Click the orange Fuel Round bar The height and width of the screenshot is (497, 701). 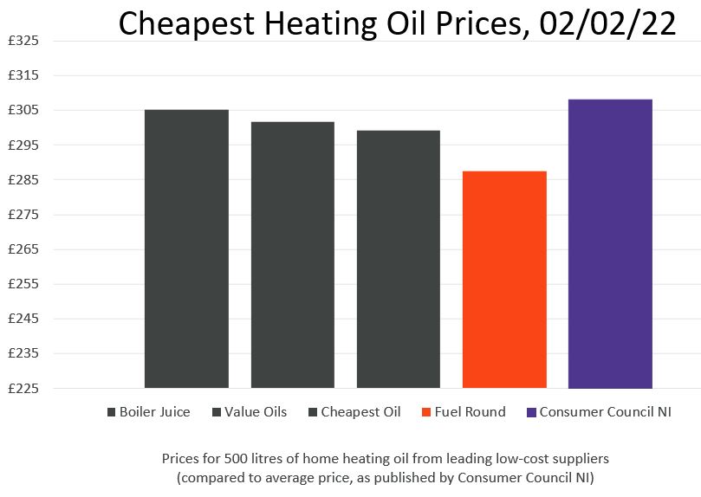[x=504, y=279]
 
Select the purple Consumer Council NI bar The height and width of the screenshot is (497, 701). [x=610, y=243]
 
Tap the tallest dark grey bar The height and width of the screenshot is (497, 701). [x=186, y=248]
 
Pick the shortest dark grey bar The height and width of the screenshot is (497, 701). [x=398, y=259]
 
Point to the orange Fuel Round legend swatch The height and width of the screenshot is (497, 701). [x=426, y=413]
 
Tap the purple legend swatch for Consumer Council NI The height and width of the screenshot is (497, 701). [x=531, y=413]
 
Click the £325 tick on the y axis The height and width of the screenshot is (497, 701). [x=23, y=41]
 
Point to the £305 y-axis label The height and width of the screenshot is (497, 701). [x=23, y=110]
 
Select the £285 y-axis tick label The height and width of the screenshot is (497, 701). [x=23, y=179]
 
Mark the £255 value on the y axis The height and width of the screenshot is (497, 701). [x=23, y=284]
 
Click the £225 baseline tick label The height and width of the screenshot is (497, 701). [x=23, y=388]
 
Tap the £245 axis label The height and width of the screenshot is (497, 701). [x=23, y=319]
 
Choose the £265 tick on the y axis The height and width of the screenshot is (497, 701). [x=23, y=249]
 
